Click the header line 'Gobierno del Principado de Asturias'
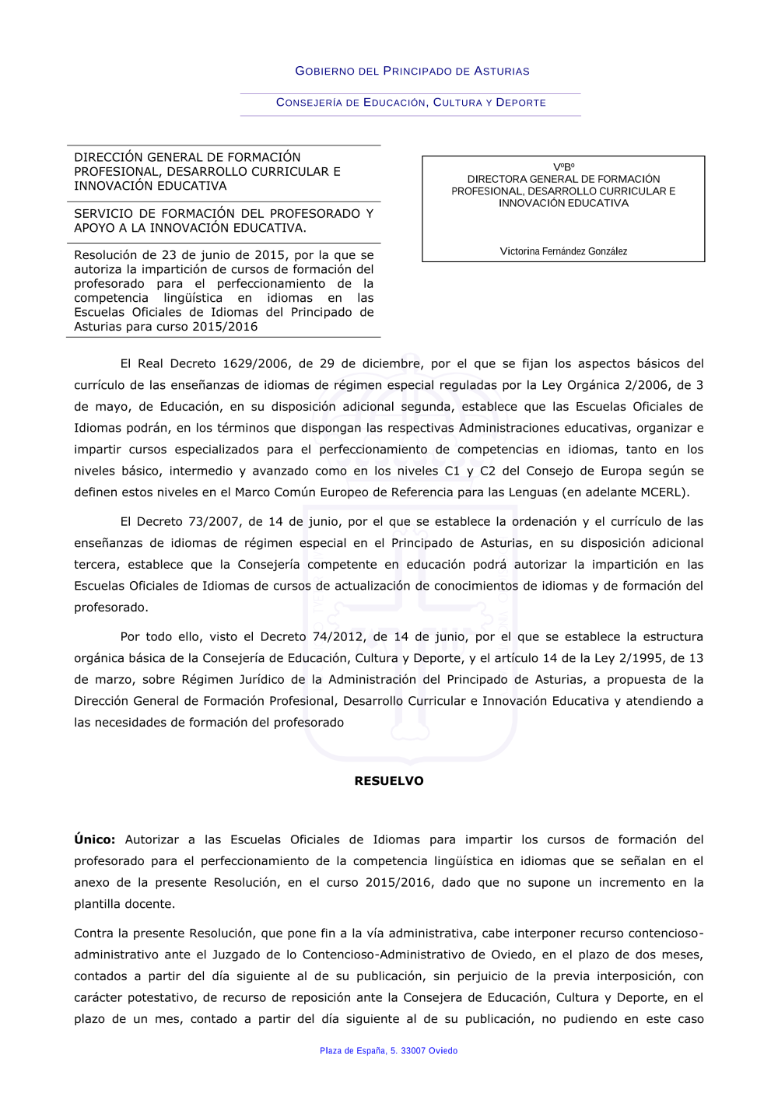coord(412,71)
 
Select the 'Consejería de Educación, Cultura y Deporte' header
coord(411,103)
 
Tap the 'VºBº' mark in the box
coord(563,167)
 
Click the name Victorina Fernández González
coord(563,251)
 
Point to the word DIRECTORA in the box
coord(497,179)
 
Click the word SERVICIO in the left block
coord(103,213)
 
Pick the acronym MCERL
coord(658,492)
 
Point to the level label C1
coord(452,471)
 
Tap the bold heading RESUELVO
coord(389,781)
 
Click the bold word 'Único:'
coord(95,839)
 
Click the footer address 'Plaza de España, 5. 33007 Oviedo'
coord(388,1051)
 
